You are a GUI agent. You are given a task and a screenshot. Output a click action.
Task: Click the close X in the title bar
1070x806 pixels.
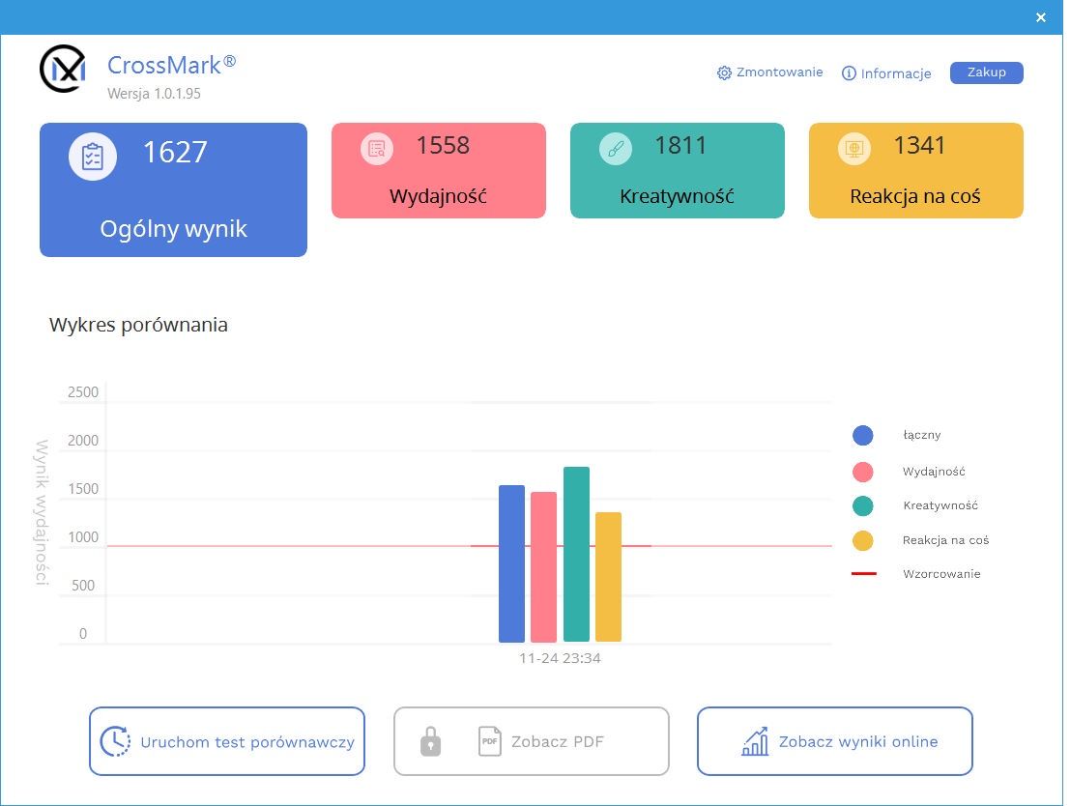click(x=1041, y=17)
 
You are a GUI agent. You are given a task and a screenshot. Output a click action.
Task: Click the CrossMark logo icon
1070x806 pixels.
click(x=63, y=69)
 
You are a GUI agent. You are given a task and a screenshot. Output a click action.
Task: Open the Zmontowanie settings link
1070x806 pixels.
click(x=769, y=72)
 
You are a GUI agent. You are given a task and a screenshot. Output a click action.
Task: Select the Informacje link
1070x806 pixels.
click(x=886, y=73)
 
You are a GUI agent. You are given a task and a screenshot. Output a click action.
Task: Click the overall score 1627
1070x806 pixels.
click(x=175, y=152)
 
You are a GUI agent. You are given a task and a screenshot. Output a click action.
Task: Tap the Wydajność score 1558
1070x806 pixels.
click(x=443, y=145)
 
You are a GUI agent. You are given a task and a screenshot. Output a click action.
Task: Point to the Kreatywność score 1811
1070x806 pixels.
click(x=680, y=145)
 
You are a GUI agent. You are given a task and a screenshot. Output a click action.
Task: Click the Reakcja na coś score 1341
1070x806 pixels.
click(x=919, y=145)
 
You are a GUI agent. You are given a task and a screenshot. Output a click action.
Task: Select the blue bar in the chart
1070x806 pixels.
click(x=511, y=563)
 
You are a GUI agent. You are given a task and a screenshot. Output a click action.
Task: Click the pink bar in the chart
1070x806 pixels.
click(x=544, y=567)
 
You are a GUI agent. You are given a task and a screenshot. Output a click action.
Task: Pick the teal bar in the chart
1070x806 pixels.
click(x=577, y=554)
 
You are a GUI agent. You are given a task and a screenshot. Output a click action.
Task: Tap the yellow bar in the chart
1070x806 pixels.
click(x=608, y=577)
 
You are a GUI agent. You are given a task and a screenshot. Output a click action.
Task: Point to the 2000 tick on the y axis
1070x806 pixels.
click(x=83, y=440)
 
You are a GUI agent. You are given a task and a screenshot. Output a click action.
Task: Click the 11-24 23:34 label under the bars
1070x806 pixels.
click(x=560, y=658)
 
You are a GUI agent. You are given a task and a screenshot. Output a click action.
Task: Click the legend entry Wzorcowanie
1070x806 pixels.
click(x=941, y=574)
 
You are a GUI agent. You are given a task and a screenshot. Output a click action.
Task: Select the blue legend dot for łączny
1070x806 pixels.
click(x=862, y=436)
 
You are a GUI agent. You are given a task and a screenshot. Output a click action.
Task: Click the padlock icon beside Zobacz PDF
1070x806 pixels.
click(x=430, y=741)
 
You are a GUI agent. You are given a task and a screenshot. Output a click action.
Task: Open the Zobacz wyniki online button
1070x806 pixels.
click(x=834, y=741)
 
